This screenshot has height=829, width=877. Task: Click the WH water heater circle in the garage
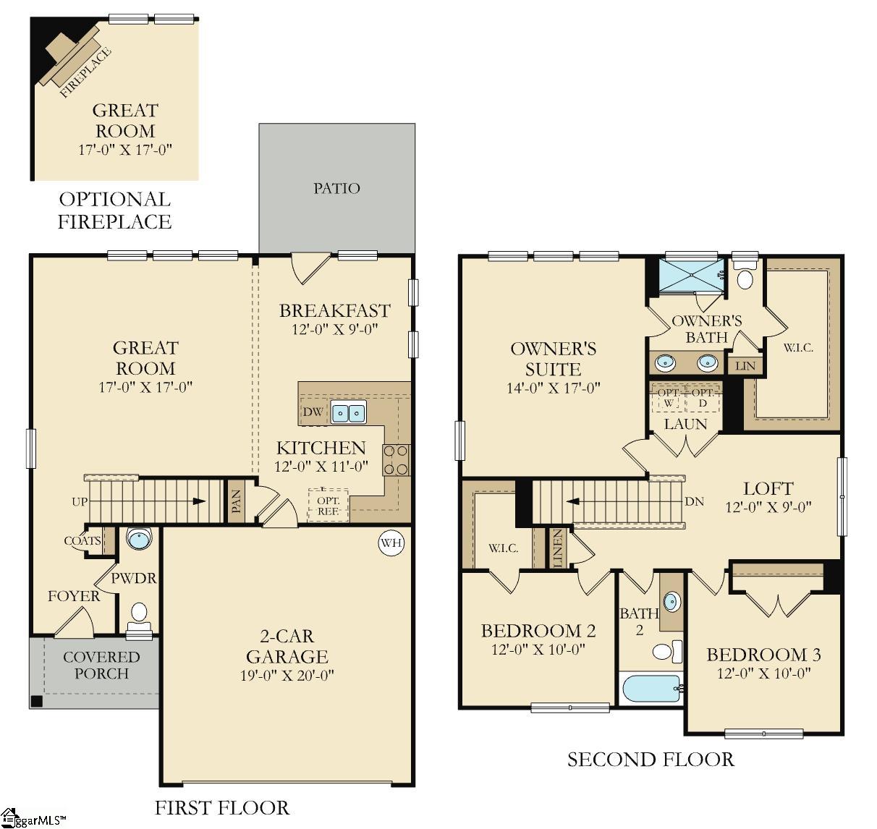click(391, 543)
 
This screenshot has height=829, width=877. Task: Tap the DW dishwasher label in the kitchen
click(313, 412)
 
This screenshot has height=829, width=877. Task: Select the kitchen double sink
click(348, 412)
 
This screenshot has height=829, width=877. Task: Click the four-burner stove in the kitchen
click(396, 459)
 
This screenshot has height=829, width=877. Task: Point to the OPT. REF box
click(328, 504)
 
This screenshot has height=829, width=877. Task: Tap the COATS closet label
click(82, 541)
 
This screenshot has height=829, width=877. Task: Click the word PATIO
click(336, 188)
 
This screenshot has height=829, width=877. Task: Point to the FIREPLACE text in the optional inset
click(85, 72)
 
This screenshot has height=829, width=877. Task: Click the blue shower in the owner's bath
click(688, 275)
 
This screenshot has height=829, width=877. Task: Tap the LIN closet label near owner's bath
click(745, 366)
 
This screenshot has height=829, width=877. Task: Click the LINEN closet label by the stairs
click(557, 547)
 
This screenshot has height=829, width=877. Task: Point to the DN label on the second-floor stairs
click(694, 501)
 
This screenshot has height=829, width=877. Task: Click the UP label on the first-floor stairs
click(80, 501)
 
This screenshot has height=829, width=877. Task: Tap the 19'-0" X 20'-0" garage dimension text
click(287, 676)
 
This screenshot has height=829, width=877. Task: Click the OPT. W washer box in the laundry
click(667, 398)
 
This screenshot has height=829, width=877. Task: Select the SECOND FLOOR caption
click(650, 760)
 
